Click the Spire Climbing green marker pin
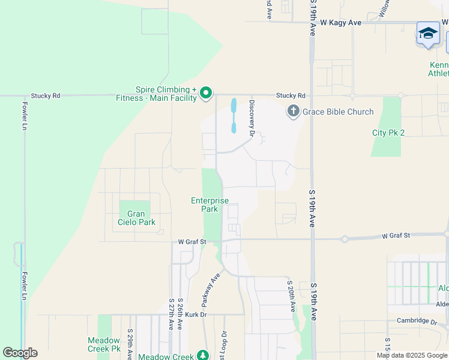[x=206, y=93]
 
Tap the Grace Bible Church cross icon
[x=293, y=112]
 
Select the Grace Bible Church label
[x=338, y=112]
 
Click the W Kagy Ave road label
[x=340, y=23]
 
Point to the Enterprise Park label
[x=209, y=205]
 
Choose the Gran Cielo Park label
[x=136, y=218]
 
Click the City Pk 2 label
[x=388, y=133]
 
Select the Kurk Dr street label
[x=196, y=314]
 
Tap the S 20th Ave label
[x=291, y=296]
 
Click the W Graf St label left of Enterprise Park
[x=191, y=242]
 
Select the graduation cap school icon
[x=428, y=33]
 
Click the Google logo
[x=20, y=353]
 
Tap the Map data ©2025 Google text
[x=411, y=355]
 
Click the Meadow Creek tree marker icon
[x=204, y=355]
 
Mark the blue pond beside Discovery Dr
[x=234, y=116]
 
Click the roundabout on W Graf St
[x=345, y=239]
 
